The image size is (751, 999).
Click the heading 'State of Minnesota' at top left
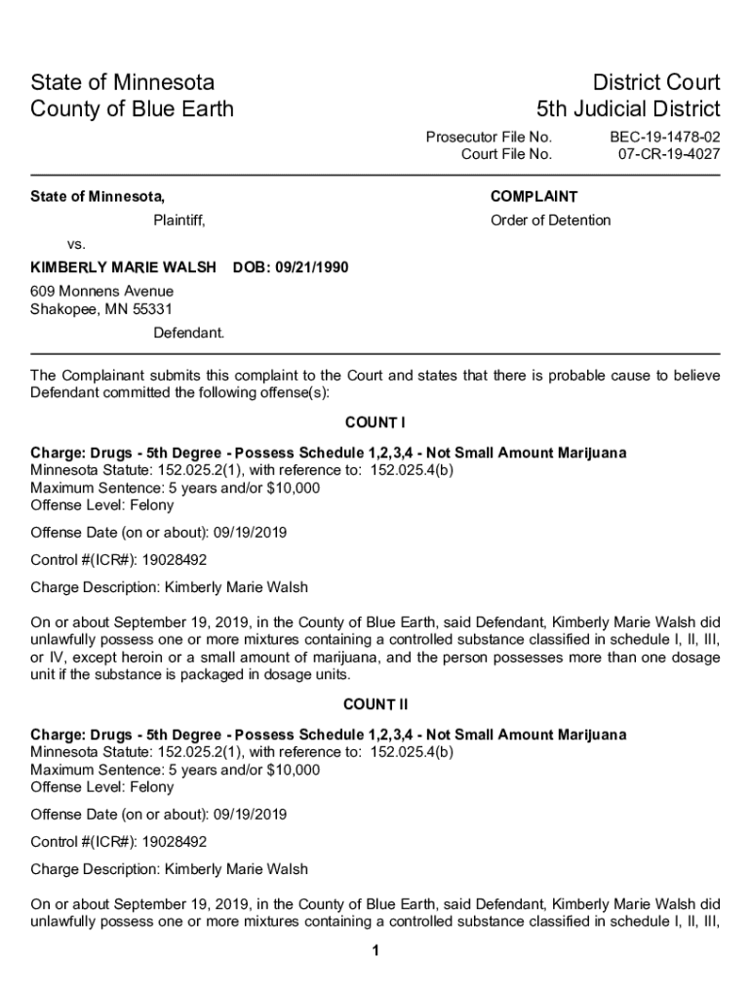pos(123,82)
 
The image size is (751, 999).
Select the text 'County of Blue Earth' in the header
pos(133,108)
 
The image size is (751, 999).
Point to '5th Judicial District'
pos(628,108)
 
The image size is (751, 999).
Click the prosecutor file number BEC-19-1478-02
pos(665,138)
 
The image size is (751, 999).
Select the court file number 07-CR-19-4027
pos(669,154)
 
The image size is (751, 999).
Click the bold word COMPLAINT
pos(534,197)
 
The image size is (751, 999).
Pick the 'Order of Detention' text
pos(550,220)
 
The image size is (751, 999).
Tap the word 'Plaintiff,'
pos(179,220)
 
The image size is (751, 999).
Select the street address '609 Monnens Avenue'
pos(101,292)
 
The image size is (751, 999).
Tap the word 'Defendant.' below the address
pos(188,333)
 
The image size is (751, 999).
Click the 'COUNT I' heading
pos(375,422)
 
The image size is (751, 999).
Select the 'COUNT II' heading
pos(375,704)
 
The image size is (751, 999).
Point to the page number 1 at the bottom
pos(375,951)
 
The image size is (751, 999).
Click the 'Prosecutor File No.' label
pos(489,138)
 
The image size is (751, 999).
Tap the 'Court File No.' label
pos(506,154)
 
